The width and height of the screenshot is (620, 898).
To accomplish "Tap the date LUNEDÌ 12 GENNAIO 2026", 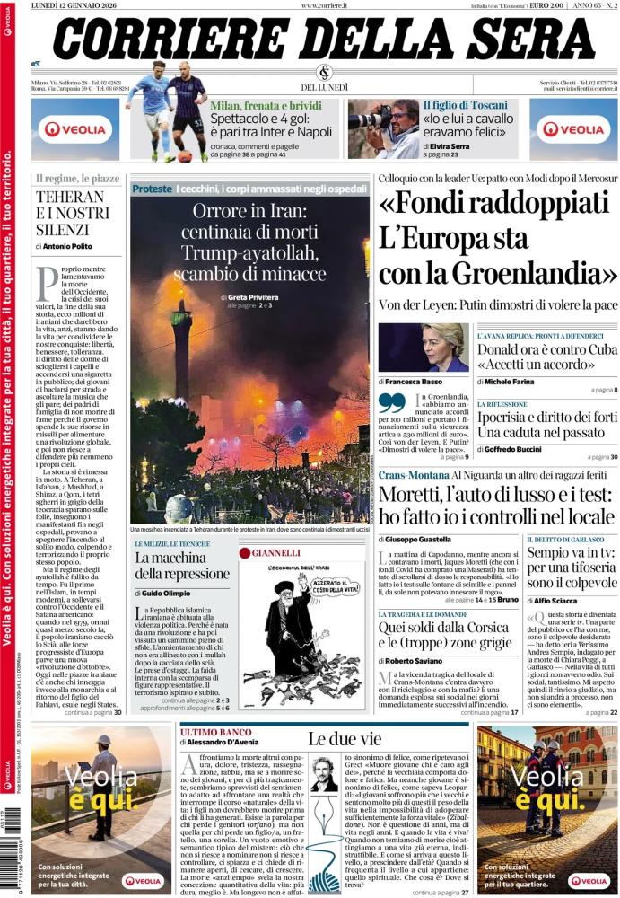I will pos(77,5).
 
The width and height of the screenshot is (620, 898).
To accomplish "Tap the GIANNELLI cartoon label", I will pos(275,551).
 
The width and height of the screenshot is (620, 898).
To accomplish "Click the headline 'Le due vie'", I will pos(334,739).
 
